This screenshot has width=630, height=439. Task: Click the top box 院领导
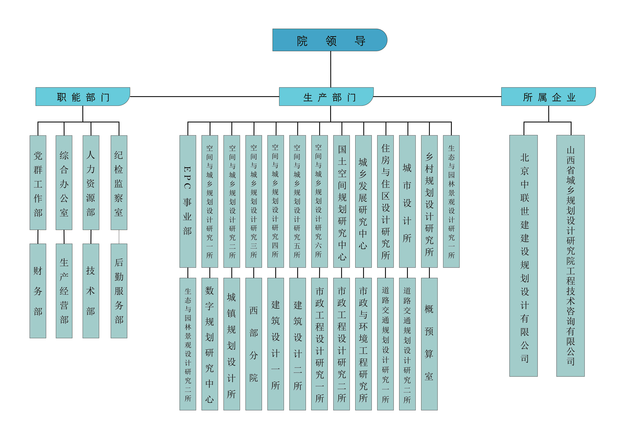(330, 40)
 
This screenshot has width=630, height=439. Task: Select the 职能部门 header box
(83, 97)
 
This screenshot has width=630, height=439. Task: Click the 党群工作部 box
(38, 182)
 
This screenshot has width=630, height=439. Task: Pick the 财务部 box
(38, 291)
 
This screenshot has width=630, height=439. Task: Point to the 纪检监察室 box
(119, 182)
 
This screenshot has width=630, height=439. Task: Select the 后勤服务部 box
(119, 291)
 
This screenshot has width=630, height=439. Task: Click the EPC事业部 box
(188, 201)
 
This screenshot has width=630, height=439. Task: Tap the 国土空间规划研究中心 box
(341, 201)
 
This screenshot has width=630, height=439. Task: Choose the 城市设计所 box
(407, 201)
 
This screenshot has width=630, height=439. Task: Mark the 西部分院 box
(254, 344)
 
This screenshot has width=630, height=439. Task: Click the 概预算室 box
(429, 344)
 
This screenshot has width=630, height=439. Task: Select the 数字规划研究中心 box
(210, 344)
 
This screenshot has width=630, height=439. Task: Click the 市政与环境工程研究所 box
(363, 344)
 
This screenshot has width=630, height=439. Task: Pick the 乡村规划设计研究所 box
(429, 201)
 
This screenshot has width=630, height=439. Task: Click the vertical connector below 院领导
(331, 69)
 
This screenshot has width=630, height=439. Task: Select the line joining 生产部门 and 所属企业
(437, 97)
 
